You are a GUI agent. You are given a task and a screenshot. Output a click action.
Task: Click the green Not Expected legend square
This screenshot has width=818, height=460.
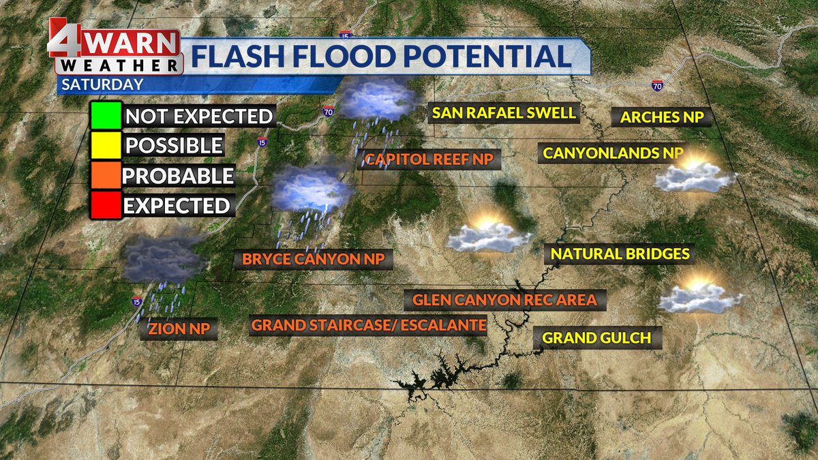(x=105, y=115)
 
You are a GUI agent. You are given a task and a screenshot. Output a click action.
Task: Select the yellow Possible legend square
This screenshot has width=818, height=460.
(x=105, y=145)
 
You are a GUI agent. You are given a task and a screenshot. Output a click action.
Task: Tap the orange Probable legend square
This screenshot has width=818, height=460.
(x=105, y=175)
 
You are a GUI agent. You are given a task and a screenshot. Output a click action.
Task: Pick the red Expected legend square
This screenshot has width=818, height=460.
(x=105, y=205)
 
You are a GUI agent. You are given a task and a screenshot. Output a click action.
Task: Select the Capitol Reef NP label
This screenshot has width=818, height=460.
(x=429, y=160)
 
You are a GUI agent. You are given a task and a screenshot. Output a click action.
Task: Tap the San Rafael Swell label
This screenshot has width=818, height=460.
(x=504, y=112)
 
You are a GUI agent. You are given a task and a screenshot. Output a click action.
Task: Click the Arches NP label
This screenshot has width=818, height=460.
(x=662, y=117)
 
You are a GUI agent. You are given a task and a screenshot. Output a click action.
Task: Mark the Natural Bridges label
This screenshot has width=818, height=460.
(x=620, y=254)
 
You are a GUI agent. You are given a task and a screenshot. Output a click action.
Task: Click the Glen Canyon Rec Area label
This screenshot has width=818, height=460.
(x=504, y=299)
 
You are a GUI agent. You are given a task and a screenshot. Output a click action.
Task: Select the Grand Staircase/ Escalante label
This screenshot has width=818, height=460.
(x=369, y=325)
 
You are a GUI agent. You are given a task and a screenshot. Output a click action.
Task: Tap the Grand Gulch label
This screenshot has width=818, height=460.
(x=597, y=337)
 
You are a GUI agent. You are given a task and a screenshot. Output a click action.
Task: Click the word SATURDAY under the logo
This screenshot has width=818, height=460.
(x=102, y=85)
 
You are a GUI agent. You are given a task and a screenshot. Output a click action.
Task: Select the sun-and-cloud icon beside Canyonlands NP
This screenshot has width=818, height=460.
(x=694, y=175)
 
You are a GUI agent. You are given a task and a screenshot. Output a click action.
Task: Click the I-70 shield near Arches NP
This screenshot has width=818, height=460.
(x=657, y=86)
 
